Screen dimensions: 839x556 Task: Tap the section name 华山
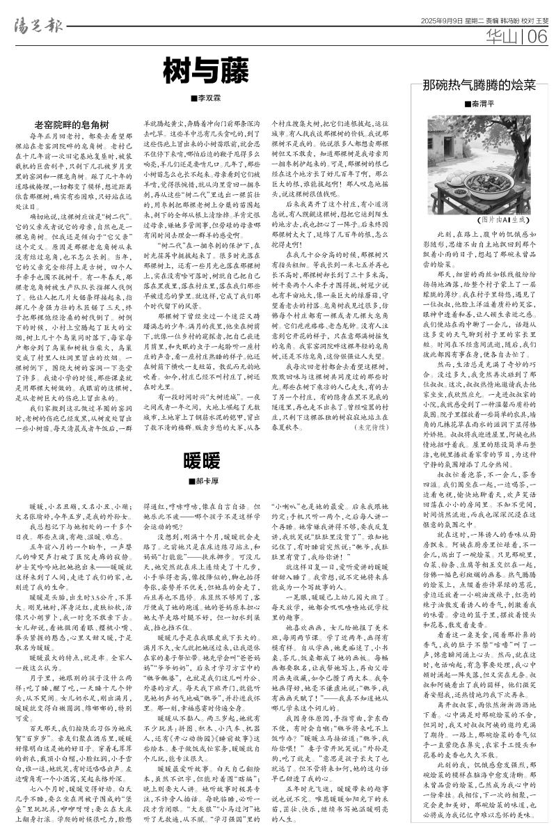[502, 36]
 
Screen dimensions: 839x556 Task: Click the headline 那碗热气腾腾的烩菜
[480, 86]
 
